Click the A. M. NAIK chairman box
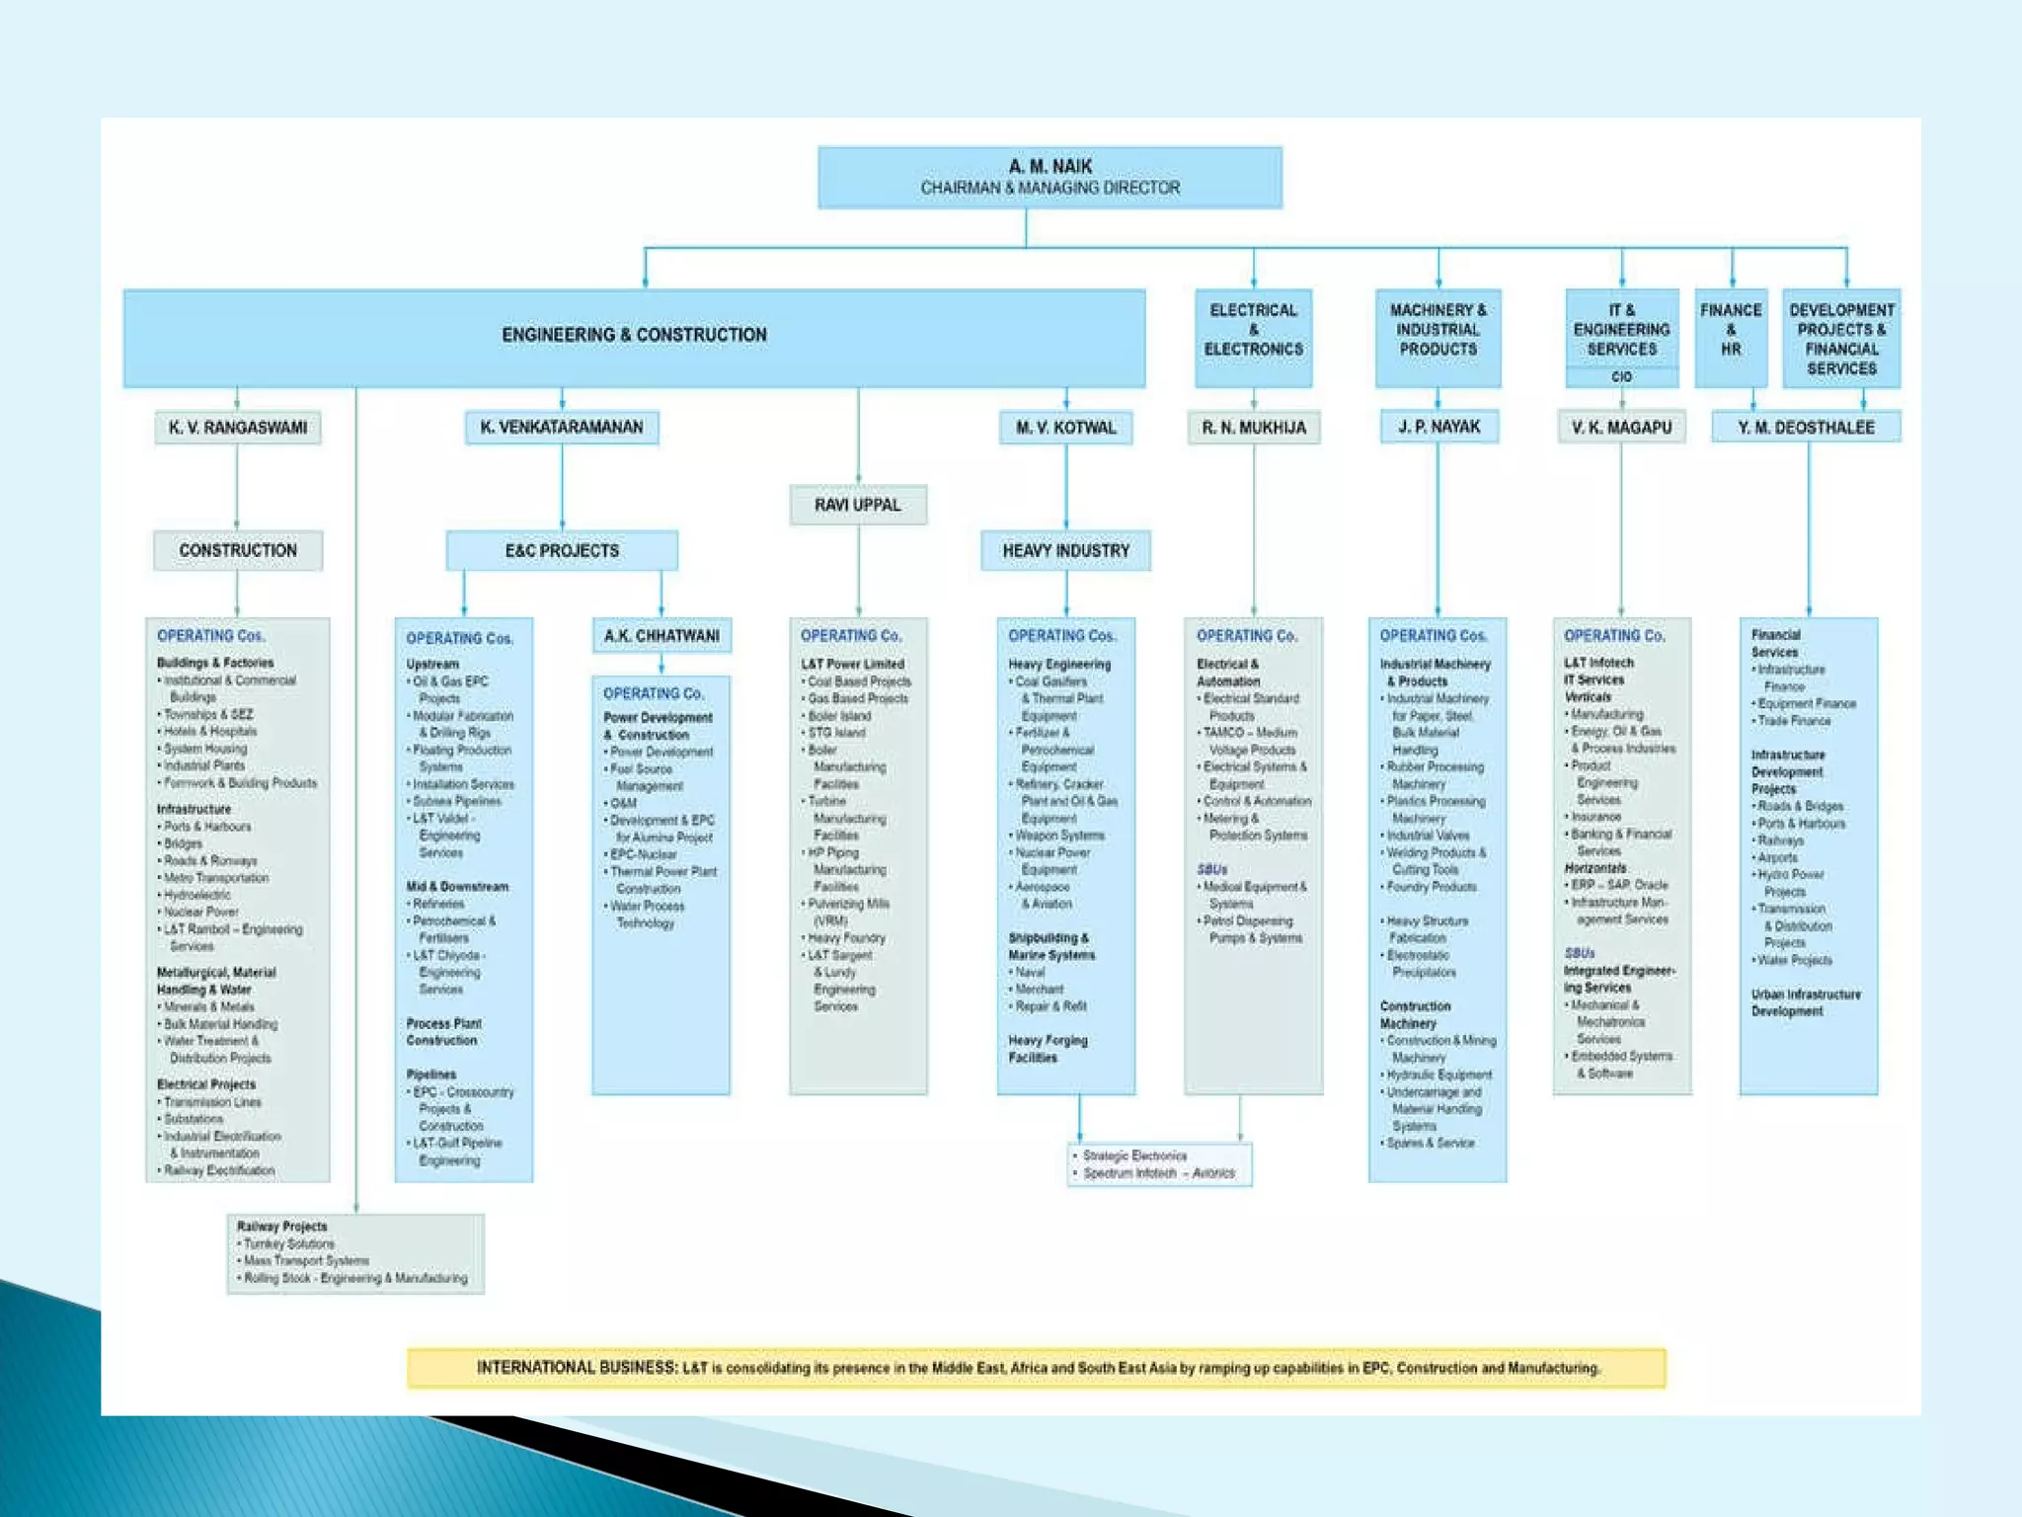[1050, 177]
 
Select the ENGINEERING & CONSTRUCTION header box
[634, 336]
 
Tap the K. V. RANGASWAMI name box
[237, 428]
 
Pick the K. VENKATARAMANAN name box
[561, 428]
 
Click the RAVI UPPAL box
[857, 505]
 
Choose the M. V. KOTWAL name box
[1065, 428]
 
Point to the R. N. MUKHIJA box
[1253, 428]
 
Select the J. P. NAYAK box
[1438, 427]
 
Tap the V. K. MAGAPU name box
[1621, 428]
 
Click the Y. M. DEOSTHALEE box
[1806, 428]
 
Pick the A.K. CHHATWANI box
[661, 636]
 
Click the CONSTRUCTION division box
[237, 550]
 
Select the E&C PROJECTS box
[561, 550]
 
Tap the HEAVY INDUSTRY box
[1065, 550]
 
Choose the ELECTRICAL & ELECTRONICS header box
[1253, 330]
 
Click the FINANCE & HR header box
[1731, 330]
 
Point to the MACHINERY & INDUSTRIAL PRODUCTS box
[1438, 330]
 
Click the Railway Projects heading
[281, 1227]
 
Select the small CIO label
[1621, 377]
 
